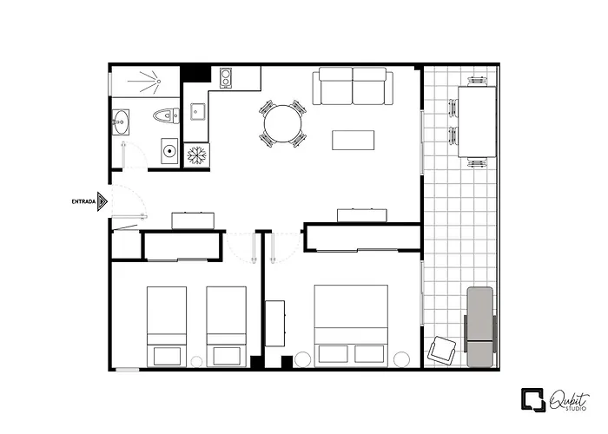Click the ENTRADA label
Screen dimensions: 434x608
point(83,201)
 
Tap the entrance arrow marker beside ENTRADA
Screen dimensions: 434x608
point(102,201)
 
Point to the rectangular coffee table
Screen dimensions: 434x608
point(354,141)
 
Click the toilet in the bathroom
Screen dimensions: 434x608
point(165,115)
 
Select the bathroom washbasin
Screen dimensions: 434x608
point(120,123)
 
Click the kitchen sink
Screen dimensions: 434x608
point(196,111)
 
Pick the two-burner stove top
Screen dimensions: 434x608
point(227,79)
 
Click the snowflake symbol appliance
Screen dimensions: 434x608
point(196,155)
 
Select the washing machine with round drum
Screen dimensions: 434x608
point(169,152)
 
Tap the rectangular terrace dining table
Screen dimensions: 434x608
point(476,121)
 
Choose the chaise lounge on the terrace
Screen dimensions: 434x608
point(479,325)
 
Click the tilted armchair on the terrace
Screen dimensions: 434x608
point(442,350)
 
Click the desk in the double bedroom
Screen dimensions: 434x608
point(275,323)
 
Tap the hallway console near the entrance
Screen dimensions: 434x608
point(194,219)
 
